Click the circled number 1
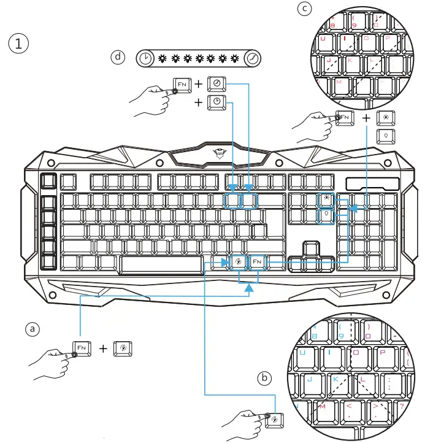[18, 44]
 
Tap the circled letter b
[264, 378]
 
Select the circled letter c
[305, 9]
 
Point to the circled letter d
[117, 57]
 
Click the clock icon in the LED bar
[145, 58]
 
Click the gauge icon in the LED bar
[253, 58]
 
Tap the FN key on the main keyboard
[258, 262]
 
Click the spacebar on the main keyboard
[161, 264]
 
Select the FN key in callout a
[82, 348]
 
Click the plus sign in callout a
[103, 349]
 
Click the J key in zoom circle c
[329, 61]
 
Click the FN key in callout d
[182, 83]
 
